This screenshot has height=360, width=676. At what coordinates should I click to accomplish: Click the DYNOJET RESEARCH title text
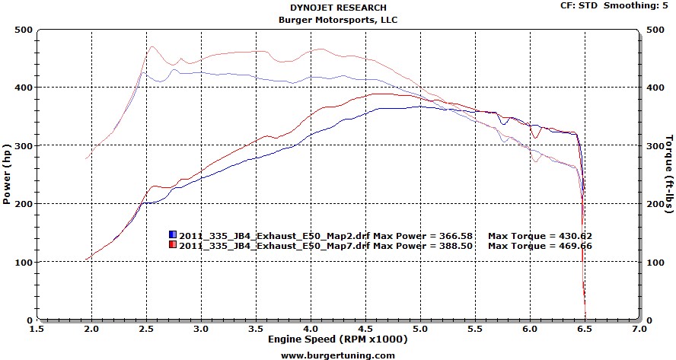pyautogui.click(x=338, y=8)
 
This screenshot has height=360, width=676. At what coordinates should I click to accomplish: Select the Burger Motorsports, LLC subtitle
pyautogui.click(x=338, y=20)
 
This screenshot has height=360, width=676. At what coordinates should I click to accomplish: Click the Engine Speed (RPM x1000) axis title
pyautogui.click(x=338, y=339)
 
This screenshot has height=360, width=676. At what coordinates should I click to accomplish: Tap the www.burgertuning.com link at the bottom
pyautogui.click(x=338, y=355)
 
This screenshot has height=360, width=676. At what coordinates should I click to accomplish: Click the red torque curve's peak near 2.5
pyautogui.click(x=151, y=47)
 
